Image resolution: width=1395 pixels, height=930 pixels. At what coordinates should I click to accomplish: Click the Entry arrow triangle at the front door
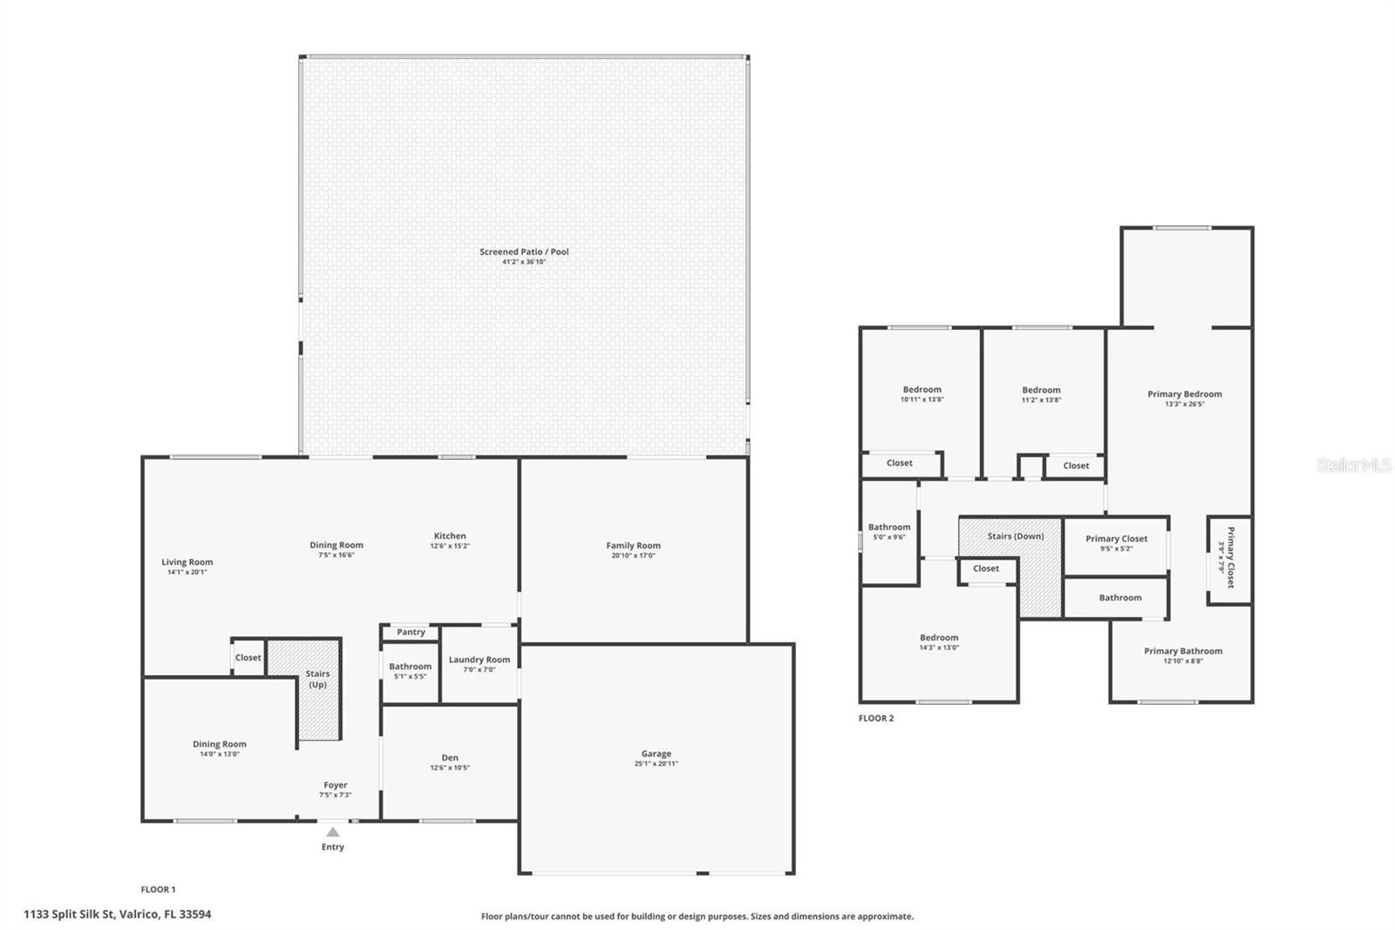(x=332, y=832)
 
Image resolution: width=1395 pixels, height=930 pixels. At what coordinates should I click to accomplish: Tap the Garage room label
(x=656, y=754)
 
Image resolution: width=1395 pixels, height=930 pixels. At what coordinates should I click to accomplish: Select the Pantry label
(x=411, y=633)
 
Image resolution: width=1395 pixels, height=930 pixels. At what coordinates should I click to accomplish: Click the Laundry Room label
(x=480, y=660)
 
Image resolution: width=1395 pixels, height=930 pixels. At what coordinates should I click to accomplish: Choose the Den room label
(x=450, y=758)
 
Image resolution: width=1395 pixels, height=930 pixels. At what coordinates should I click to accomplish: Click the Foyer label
(x=335, y=785)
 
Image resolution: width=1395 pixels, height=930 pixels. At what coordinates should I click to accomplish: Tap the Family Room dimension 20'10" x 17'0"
(x=633, y=556)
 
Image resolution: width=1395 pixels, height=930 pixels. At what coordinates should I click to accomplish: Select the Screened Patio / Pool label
(x=524, y=252)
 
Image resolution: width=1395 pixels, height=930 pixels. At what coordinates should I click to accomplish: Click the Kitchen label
(x=450, y=536)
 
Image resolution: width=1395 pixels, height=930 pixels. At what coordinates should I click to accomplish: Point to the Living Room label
(x=187, y=563)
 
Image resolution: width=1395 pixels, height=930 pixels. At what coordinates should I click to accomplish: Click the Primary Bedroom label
(x=1184, y=394)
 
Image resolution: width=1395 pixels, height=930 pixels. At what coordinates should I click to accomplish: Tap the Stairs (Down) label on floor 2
(x=1015, y=537)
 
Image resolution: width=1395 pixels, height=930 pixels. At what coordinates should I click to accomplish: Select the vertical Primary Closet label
(x=1230, y=557)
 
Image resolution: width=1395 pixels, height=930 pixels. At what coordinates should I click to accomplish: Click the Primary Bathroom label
(x=1183, y=651)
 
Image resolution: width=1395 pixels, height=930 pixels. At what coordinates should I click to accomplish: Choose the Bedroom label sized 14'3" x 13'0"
(x=938, y=638)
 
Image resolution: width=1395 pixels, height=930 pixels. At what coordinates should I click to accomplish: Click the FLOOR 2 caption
(x=876, y=719)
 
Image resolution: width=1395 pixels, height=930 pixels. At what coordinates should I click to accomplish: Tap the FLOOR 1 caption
(x=158, y=890)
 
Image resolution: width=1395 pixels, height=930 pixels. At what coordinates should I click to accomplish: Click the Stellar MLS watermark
(x=1353, y=466)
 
